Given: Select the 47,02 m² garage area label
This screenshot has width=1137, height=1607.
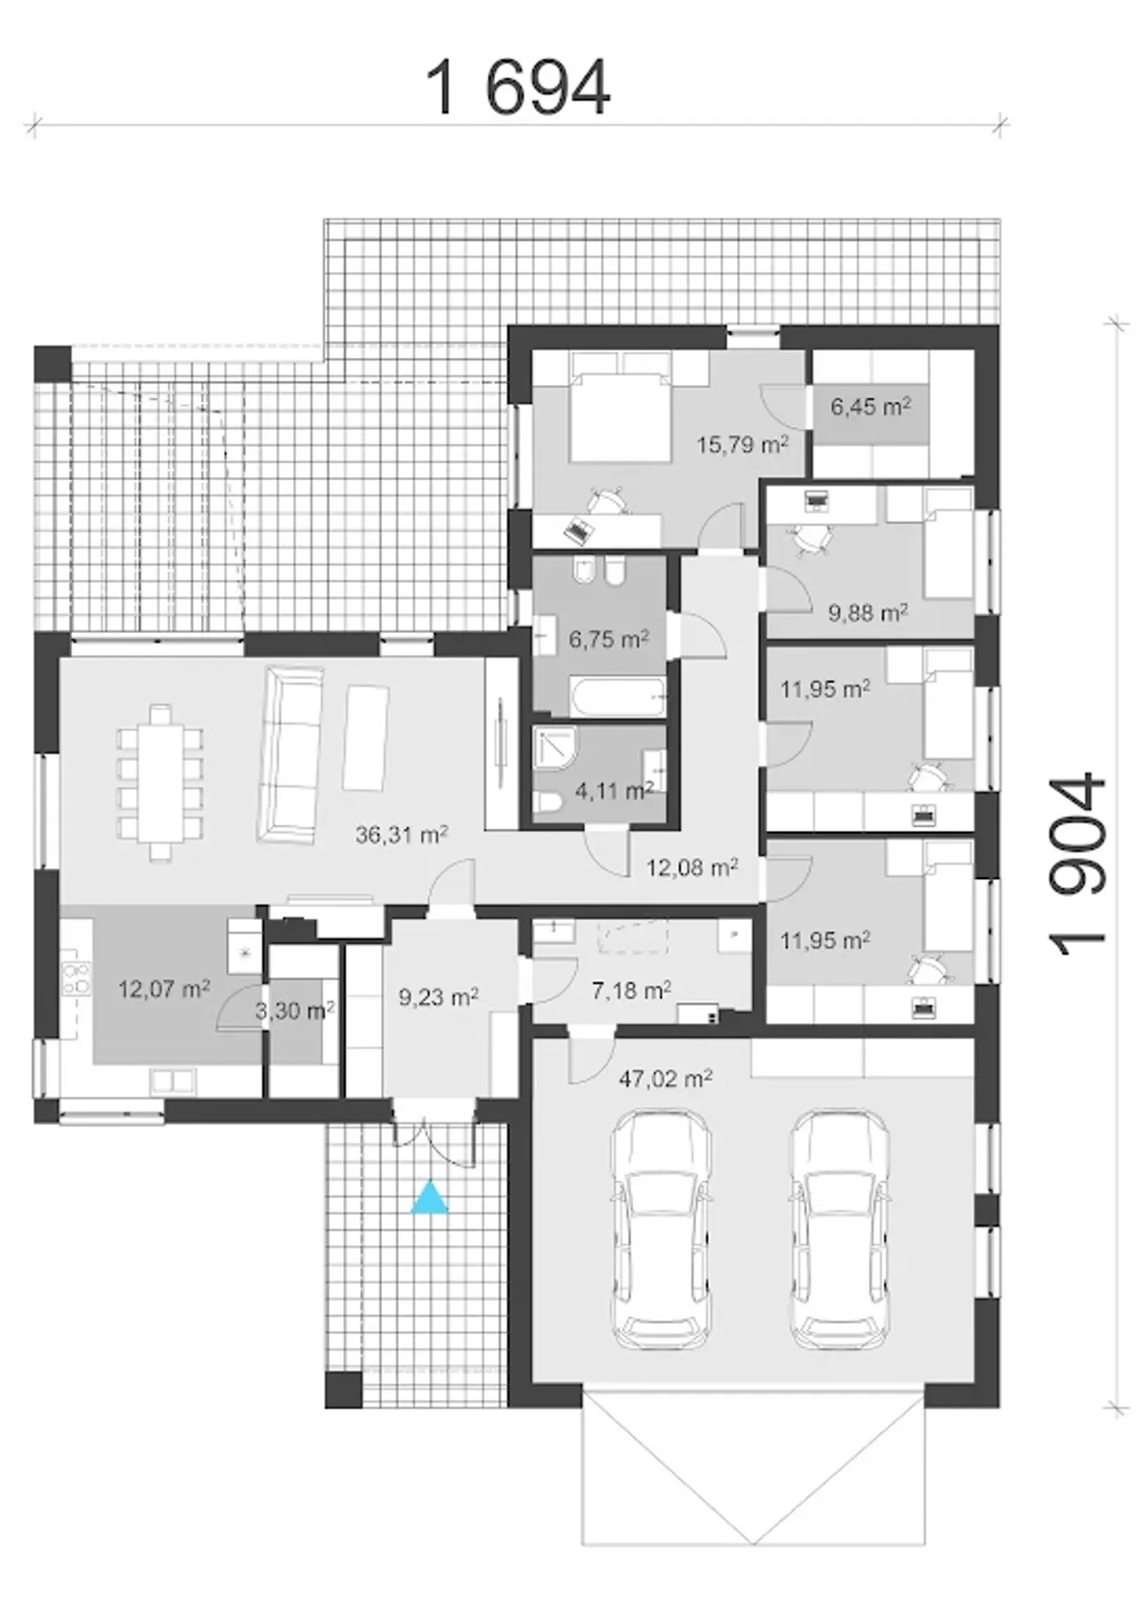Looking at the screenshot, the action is [665, 1079].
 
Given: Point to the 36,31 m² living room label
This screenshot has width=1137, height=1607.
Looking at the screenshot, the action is [402, 835].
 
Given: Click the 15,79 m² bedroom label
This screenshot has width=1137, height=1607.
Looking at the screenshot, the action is [743, 444].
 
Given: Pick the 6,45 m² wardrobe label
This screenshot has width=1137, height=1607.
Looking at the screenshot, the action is [871, 407].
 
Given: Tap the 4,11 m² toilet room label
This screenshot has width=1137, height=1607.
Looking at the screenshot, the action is [615, 789].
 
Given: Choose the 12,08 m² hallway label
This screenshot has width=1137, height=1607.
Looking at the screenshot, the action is [692, 867].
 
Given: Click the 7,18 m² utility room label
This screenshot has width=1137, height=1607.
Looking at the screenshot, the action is [632, 989].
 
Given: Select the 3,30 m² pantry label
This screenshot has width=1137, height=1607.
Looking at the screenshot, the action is [295, 1009].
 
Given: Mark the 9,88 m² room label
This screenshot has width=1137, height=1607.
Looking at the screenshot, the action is [868, 612].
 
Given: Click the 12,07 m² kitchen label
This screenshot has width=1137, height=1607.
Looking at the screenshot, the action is [164, 988].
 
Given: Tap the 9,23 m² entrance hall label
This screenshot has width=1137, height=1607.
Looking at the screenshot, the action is [439, 997].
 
